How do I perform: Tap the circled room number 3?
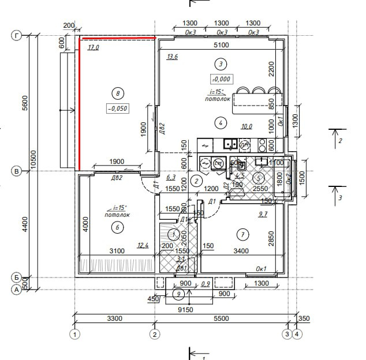pyautogui.click(x=219, y=63)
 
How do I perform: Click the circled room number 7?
pyautogui.click(x=242, y=234)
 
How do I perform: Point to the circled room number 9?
pyautogui.click(x=179, y=295)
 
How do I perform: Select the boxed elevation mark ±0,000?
pyautogui.click(x=222, y=79)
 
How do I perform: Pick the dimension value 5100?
pyautogui.click(x=222, y=45)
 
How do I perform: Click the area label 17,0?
pyautogui.click(x=94, y=48)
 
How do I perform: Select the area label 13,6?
pyautogui.click(x=172, y=57)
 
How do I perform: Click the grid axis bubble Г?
pyautogui.click(x=16, y=36)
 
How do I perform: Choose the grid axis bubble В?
pyautogui.click(x=16, y=171)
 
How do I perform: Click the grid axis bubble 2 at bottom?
pyautogui.click(x=154, y=333)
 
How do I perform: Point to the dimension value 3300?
pyautogui.click(x=114, y=318)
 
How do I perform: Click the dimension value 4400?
pyautogui.click(x=24, y=224)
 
